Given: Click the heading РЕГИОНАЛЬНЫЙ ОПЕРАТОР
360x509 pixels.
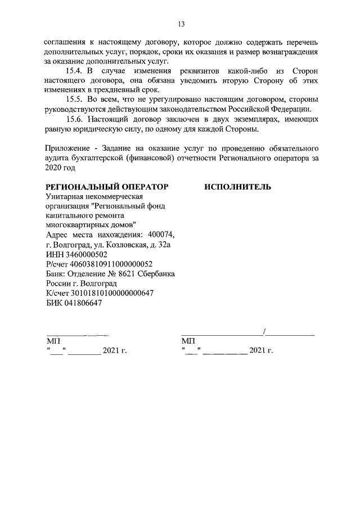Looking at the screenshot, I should (x=106, y=186).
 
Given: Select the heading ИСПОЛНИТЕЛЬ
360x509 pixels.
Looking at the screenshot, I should (x=237, y=186).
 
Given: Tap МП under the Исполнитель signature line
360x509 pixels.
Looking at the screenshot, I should (x=188, y=341).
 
